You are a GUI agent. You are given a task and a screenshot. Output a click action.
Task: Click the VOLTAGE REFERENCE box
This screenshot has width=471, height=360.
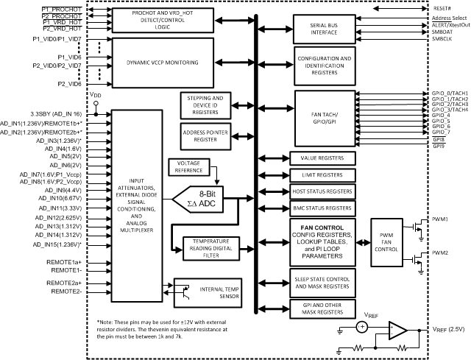point(189,166)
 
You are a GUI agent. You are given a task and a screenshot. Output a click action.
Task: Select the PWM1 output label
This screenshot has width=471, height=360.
point(441,219)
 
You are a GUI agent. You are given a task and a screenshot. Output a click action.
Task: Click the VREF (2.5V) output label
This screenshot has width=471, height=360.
point(448,329)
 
